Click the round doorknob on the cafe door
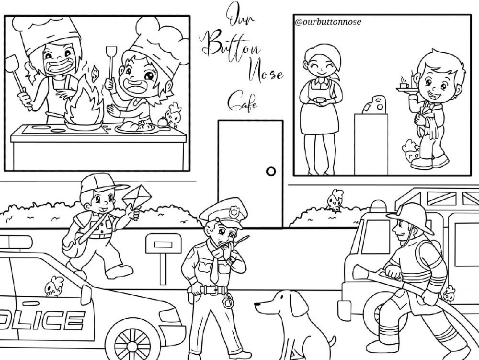tap(271, 171)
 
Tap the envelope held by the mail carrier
tap(137, 196)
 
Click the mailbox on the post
tap(163, 244)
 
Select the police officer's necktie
tap(215, 268)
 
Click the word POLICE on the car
tap(42, 320)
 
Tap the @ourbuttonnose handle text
tap(328, 22)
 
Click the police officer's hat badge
tap(234, 211)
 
